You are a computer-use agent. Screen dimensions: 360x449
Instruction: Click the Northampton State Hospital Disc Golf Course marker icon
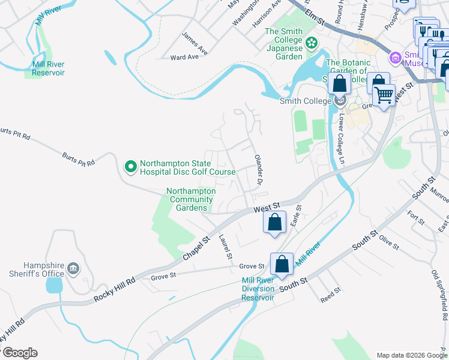tap(130, 166)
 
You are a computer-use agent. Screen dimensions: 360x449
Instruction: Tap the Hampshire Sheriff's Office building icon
tap(74, 268)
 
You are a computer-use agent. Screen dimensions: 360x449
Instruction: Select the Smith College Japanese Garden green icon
tap(312, 42)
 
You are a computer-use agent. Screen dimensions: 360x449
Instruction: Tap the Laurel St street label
tap(226, 246)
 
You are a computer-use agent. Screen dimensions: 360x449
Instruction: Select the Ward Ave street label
tap(184, 57)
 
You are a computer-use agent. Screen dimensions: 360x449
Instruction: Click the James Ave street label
tap(194, 44)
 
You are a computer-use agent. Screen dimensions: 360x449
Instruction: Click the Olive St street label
tap(389, 241)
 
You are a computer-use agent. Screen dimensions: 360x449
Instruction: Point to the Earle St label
tap(295, 214)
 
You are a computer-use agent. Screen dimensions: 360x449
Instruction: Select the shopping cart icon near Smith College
tap(384, 94)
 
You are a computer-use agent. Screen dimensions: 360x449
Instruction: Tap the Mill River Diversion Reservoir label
tap(266, 289)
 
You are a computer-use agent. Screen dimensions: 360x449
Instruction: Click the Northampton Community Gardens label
tap(189, 199)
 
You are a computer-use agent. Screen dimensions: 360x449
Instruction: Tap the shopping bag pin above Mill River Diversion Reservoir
tap(282, 263)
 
